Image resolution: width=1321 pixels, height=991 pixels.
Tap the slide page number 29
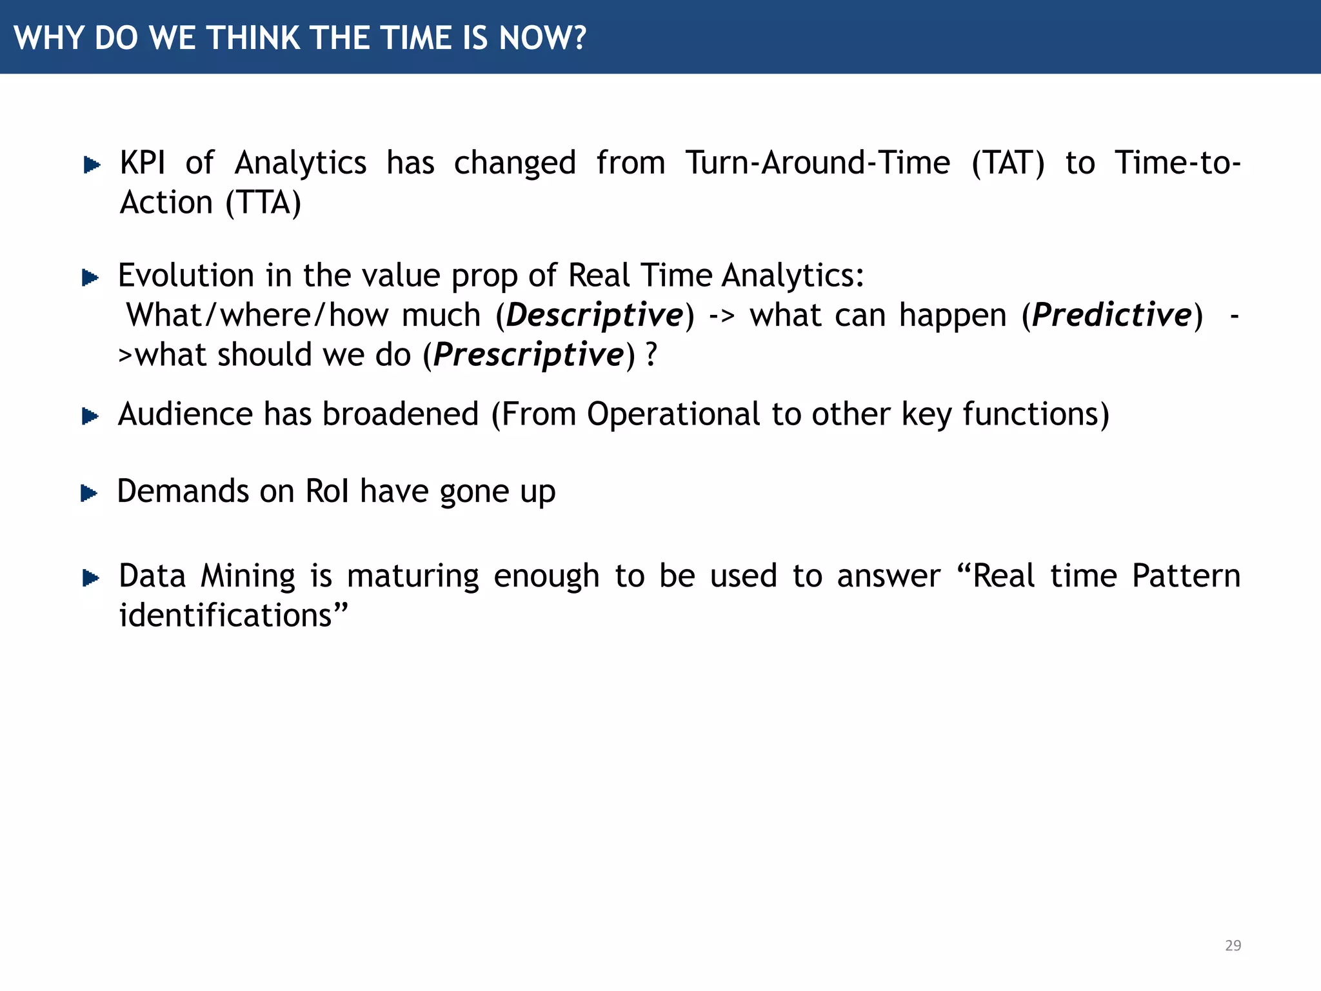pyautogui.click(x=1233, y=945)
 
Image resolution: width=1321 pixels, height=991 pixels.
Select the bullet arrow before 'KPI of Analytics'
pyautogui.click(x=92, y=165)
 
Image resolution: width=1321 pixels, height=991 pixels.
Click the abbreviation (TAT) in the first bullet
pyautogui.click(x=1008, y=163)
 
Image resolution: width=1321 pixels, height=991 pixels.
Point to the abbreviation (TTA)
pyautogui.click(x=264, y=203)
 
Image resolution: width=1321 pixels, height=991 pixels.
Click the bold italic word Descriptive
pyautogui.click(x=595, y=315)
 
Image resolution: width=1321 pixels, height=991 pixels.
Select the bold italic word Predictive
pyautogui.click(x=1112, y=315)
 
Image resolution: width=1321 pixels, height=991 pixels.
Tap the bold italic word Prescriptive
pyautogui.click(x=529, y=355)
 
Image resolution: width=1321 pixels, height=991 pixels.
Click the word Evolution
pyautogui.click(x=186, y=276)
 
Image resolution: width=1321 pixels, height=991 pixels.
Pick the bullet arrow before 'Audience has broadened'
pyautogui.click(x=90, y=417)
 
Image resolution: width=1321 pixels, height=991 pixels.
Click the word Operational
pyautogui.click(x=673, y=414)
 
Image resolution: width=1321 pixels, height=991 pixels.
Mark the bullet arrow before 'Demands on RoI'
pyautogui.click(x=89, y=494)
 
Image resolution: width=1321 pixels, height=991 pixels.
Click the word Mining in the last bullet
pyautogui.click(x=248, y=576)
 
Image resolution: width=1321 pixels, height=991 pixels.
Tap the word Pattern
pyautogui.click(x=1186, y=576)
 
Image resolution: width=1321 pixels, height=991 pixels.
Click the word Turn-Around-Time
pyautogui.click(x=817, y=163)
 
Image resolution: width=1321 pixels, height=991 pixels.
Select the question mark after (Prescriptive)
pyautogui.click(x=651, y=355)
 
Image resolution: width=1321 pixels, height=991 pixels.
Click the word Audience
pyautogui.click(x=185, y=414)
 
